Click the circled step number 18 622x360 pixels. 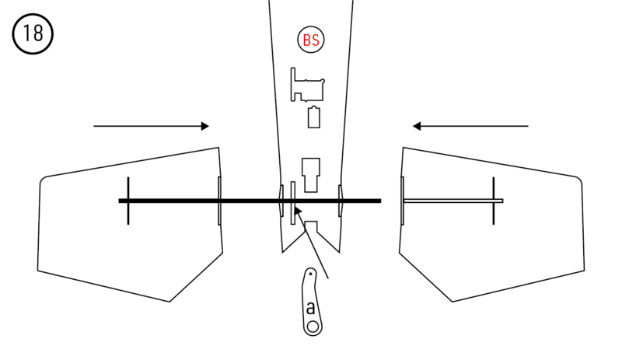[32, 35]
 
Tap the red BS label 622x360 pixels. [311, 40]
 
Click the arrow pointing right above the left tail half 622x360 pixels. [151, 126]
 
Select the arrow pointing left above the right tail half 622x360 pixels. [470, 126]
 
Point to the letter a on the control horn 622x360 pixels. [311, 307]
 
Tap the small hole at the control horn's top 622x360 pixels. [309, 274]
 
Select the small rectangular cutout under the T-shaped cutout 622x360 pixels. [314, 117]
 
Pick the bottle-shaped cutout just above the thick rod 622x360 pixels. [311, 173]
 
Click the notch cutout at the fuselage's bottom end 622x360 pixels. [311, 231]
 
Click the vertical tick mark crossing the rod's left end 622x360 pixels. [128, 201]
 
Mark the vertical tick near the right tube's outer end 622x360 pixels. [494, 201]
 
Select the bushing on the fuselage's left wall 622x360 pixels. [281, 201]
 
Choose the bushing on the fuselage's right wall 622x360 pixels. [341, 201]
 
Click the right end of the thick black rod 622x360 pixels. [379, 201]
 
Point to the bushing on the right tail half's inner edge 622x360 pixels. [402, 201]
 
